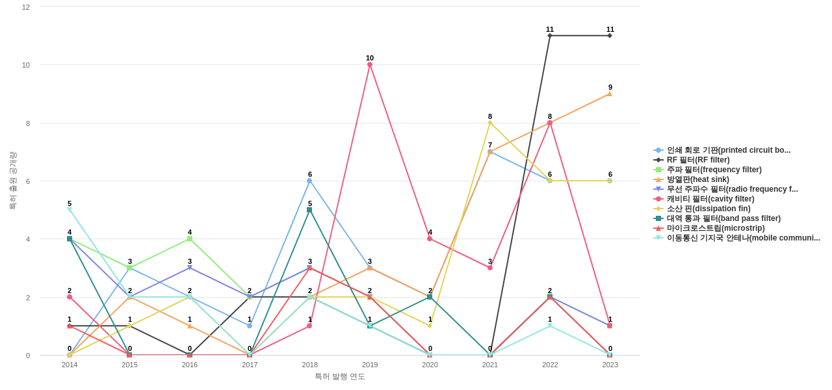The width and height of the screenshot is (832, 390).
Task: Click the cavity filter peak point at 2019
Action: click(x=370, y=65)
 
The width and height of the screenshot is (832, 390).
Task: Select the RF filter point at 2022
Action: click(x=550, y=36)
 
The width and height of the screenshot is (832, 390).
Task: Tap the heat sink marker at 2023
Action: click(x=610, y=94)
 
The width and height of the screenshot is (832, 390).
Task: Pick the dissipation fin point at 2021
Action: click(x=490, y=123)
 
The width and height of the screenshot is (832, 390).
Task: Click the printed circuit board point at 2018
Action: click(x=309, y=181)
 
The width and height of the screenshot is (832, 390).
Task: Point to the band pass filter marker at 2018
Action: click(x=309, y=210)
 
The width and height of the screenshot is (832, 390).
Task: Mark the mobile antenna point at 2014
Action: click(x=70, y=210)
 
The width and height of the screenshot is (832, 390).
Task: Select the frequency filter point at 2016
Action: click(x=190, y=239)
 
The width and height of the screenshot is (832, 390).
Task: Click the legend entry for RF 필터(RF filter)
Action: click(x=697, y=160)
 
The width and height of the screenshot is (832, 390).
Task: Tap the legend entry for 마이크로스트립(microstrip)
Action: click(x=715, y=228)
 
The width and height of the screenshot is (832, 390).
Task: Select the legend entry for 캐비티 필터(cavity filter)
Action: click(x=710, y=199)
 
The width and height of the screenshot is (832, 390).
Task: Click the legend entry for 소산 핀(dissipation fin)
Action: click(x=708, y=209)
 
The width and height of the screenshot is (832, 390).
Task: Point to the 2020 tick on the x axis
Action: click(x=430, y=365)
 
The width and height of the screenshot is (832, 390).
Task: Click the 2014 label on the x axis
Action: click(x=70, y=365)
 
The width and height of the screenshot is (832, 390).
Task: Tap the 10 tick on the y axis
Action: click(x=26, y=65)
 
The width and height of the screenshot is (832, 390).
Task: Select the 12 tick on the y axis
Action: click(x=26, y=7)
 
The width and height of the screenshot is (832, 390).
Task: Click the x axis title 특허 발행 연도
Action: click(x=340, y=376)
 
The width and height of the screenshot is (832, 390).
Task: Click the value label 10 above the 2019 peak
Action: click(x=370, y=58)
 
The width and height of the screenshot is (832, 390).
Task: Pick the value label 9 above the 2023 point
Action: click(x=610, y=87)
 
